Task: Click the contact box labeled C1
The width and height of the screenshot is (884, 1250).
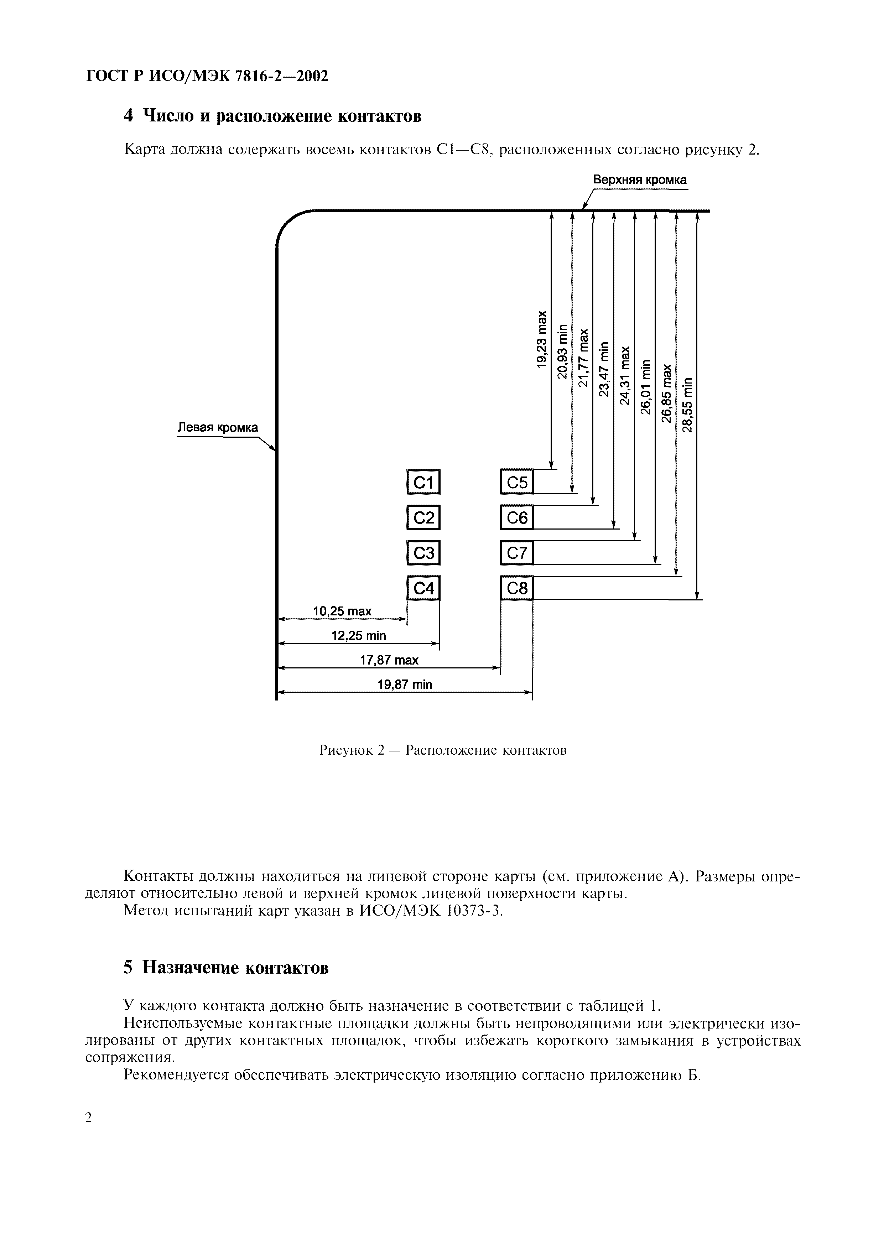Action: click(423, 482)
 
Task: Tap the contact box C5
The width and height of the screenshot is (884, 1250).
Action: click(516, 482)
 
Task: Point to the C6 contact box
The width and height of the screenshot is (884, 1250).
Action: click(516, 518)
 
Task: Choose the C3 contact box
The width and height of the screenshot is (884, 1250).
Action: click(423, 553)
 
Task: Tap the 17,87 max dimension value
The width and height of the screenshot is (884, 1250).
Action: click(389, 660)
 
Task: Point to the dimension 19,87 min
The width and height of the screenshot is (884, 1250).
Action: click(405, 685)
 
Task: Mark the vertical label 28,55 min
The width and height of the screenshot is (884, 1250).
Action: click(687, 404)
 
